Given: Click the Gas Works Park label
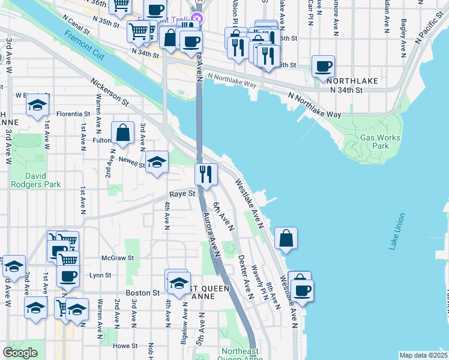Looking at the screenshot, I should (x=379, y=142).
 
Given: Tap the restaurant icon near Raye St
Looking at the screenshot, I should (x=206, y=175).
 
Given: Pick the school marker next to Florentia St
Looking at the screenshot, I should (x=37, y=106).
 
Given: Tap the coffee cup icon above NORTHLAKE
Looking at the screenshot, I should (x=323, y=67).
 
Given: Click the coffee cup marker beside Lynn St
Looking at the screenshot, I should (x=68, y=276).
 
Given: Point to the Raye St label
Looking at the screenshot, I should (x=182, y=194).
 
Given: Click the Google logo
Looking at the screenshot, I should (x=20, y=353).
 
